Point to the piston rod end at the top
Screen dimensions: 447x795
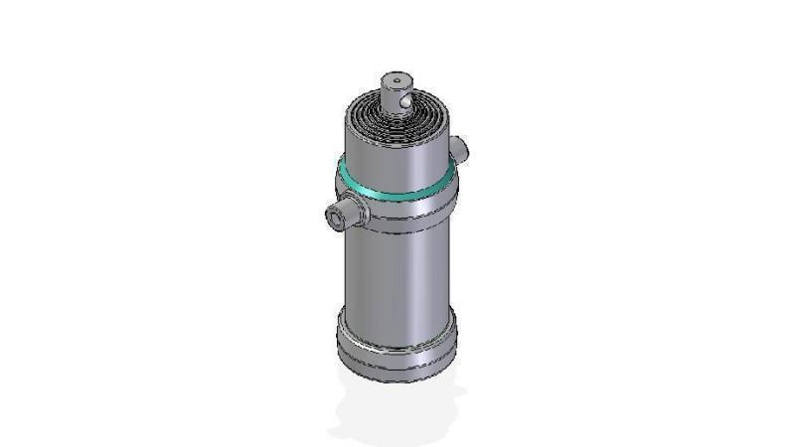click(x=397, y=89)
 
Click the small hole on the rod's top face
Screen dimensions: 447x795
click(x=396, y=78)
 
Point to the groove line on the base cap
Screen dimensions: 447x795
click(x=397, y=350)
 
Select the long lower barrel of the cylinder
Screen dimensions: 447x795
click(x=397, y=273)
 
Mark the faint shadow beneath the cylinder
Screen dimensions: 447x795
click(x=397, y=412)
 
